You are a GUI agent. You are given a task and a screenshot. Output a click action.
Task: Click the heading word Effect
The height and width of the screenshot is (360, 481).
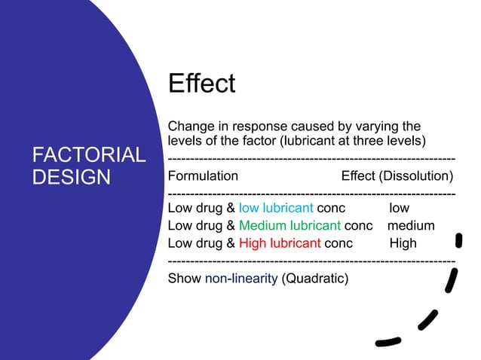click(x=201, y=84)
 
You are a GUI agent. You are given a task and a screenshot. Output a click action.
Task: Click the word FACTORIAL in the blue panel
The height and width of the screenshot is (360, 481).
click(x=89, y=156)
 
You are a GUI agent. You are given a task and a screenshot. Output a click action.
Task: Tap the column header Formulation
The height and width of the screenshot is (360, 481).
click(x=203, y=176)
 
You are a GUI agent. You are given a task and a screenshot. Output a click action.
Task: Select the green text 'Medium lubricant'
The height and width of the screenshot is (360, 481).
click(x=290, y=225)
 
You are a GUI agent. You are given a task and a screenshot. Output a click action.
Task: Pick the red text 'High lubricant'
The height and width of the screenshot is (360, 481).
click(x=280, y=243)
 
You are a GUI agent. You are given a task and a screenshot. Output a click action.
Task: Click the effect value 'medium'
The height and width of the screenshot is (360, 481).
click(x=411, y=225)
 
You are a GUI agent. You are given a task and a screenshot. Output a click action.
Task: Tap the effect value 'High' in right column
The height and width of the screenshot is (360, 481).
click(x=403, y=243)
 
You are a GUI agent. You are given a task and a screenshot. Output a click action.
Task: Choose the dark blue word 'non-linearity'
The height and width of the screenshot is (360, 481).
click(x=241, y=279)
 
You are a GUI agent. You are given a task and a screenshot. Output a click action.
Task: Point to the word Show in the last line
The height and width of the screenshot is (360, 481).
click(x=185, y=279)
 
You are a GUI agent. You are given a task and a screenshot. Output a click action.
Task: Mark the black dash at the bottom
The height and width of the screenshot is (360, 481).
click(x=388, y=343)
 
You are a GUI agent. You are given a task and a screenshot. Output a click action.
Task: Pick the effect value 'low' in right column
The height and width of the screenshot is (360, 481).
click(x=400, y=208)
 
